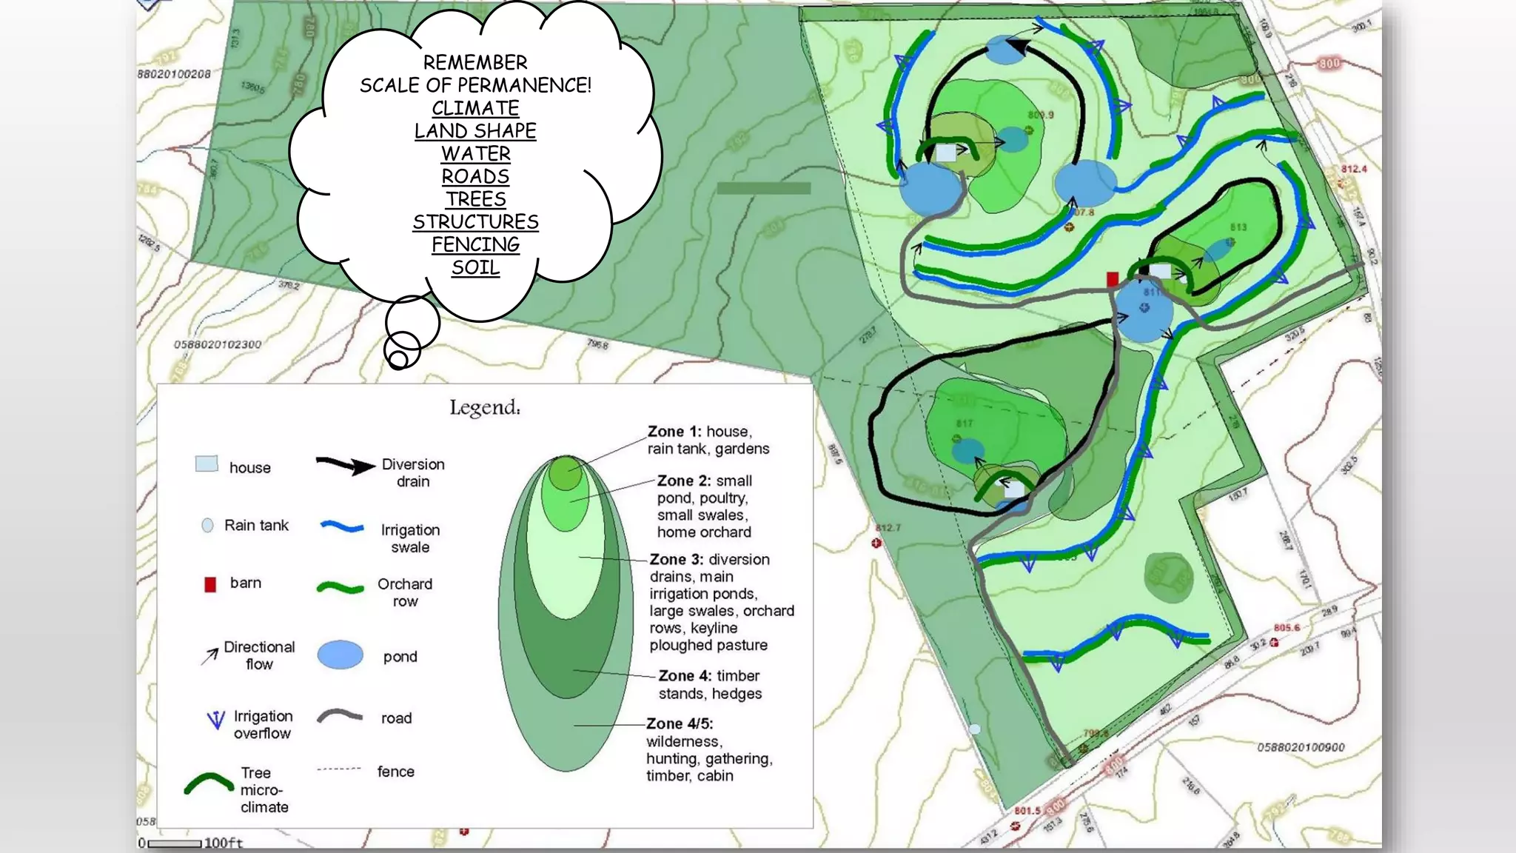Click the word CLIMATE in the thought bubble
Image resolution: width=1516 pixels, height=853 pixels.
click(x=475, y=108)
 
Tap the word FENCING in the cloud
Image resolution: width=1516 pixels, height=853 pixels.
click(x=475, y=244)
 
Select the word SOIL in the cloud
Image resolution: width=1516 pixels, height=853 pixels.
click(x=475, y=267)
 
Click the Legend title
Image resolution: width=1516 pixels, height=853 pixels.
click(x=485, y=407)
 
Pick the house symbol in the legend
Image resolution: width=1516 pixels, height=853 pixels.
click(x=207, y=464)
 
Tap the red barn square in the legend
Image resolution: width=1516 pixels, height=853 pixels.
click(x=210, y=584)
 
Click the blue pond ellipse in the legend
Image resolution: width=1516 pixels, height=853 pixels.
click(x=341, y=655)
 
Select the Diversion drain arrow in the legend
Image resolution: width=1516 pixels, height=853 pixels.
click(x=345, y=466)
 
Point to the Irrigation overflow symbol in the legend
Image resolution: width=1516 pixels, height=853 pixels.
click(x=215, y=720)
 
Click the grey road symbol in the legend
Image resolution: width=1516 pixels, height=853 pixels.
click(x=340, y=716)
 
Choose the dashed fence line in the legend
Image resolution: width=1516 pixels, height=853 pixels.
click(x=339, y=769)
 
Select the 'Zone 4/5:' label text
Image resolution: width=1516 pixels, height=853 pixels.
click(x=680, y=723)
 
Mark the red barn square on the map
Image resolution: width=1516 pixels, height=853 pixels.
click(x=1112, y=279)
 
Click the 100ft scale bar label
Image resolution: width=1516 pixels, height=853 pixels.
click(x=223, y=843)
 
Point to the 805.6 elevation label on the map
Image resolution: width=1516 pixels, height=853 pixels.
click(x=1287, y=628)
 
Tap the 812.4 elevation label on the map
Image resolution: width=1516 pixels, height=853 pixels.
click(x=1354, y=169)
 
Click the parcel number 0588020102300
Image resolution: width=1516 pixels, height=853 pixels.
click(x=218, y=344)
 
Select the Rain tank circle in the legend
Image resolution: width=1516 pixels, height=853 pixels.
click(x=207, y=525)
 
